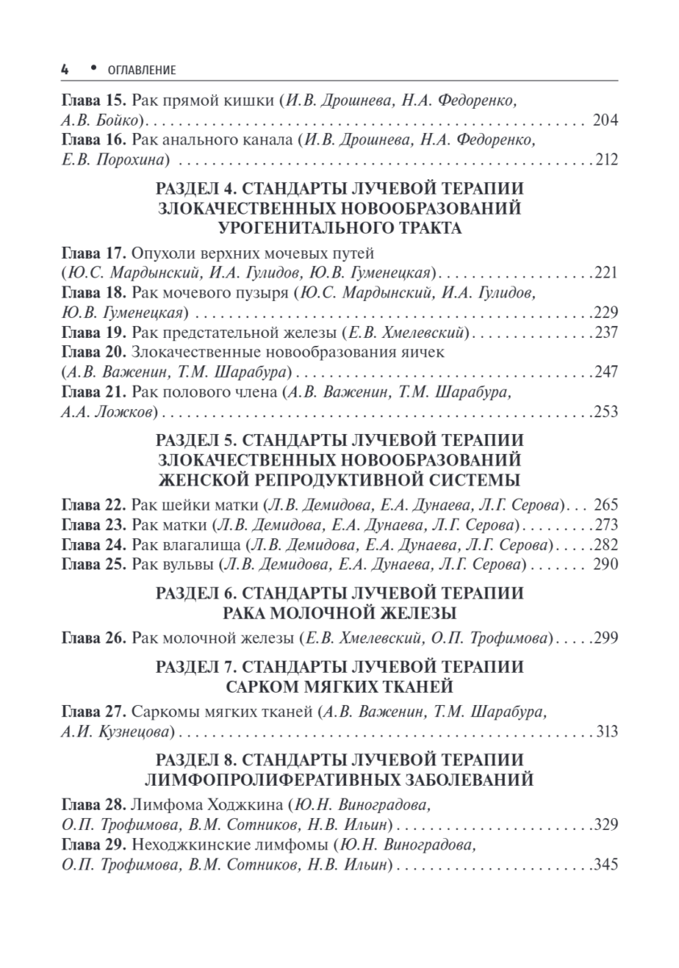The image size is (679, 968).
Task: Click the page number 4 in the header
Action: (x=65, y=70)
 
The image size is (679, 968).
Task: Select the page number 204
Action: (x=605, y=121)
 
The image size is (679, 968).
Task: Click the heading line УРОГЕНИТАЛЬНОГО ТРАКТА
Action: (x=339, y=228)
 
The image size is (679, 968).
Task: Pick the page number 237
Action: (x=605, y=332)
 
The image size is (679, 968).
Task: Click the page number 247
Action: (x=605, y=372)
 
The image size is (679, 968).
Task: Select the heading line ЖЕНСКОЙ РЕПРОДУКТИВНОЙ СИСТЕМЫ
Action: (x=339, y=481)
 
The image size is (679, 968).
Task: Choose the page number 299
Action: (x=605, y=639)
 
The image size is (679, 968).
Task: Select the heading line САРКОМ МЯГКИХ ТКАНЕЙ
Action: (x=339, y=686)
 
